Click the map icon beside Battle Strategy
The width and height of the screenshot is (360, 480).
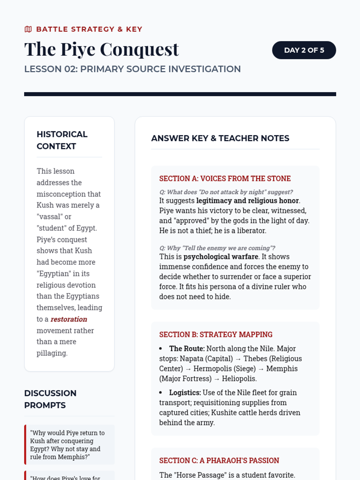pos(28,29)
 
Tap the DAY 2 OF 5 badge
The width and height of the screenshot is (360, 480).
pos(304,50)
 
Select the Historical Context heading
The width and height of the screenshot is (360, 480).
pos(62,140)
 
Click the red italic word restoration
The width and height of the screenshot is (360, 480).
pos(69,319)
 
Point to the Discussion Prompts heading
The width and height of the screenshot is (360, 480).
pos(50,399)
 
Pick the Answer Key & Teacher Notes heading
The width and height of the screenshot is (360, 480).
pos(220,138)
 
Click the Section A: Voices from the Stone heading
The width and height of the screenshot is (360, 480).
pos(225,178)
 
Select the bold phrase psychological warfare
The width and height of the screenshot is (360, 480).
pos(220,257)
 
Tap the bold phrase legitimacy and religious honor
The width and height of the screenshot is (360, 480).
pos(247,201)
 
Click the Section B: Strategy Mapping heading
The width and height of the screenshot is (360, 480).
pos(216,334)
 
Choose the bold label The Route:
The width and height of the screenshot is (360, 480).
pos(187,349)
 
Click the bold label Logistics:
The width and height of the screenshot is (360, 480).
pos(185,393)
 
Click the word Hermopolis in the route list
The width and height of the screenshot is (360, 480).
pos(210,369)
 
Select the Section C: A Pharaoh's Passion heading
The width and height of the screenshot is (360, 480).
pos(219,460)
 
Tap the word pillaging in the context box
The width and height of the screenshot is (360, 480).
pos(52,353)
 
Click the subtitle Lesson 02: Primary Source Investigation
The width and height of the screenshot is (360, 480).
pos(132,69)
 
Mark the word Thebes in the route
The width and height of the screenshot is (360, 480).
pos(255,359)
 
